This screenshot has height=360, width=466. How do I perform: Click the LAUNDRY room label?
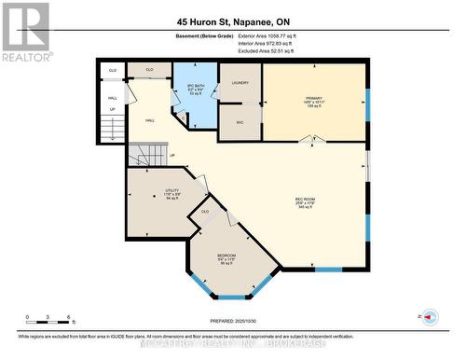click(x=240, y=83)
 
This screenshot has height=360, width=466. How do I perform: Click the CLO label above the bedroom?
click(x=205, y=212)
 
